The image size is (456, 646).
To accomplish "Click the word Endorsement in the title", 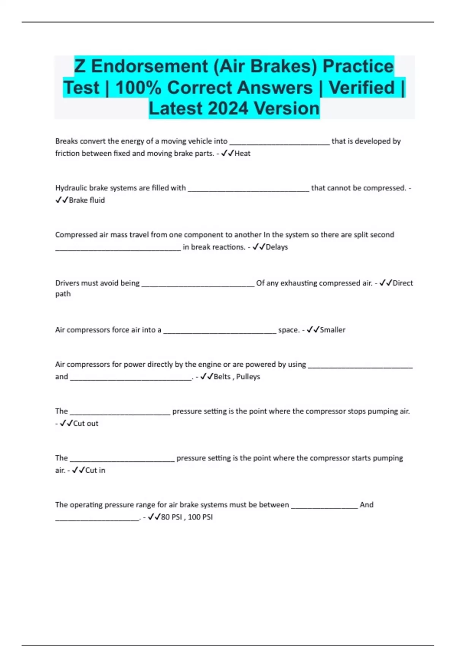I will (149, 66).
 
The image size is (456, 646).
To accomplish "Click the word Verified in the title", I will (362, 88).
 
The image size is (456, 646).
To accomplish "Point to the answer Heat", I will (242, 154).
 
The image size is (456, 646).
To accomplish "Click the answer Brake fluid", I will (87, 200).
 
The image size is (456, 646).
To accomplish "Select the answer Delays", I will (277, 247).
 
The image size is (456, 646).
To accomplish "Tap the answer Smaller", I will (332, 330).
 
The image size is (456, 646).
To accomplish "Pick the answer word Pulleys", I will (248, 377).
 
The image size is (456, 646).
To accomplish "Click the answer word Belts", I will (222, 377).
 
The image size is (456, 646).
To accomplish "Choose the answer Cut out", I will (85, 423).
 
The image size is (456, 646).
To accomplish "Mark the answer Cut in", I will (95, 470).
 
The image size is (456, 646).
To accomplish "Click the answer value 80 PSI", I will (171, 517).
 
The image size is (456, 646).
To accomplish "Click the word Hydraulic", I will (71, 188).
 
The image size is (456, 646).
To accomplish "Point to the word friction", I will (67, 154).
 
